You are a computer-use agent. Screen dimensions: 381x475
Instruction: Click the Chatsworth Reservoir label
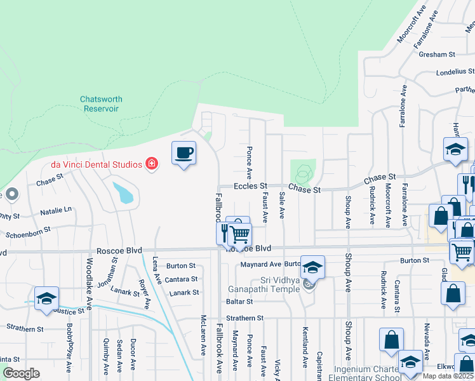[101, 104]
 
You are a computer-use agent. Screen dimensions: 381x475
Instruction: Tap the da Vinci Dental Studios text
[97, 164]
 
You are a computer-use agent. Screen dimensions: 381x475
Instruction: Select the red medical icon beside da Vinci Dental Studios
[152, 164]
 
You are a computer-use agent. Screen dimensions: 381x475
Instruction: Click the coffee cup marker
[184, 153]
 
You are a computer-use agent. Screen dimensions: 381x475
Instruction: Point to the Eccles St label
[250, 187]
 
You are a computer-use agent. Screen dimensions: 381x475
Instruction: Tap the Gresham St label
[438, 55]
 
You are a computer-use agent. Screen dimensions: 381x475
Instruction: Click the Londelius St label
[455, 72]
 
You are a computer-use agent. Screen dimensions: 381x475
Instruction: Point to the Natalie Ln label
[56, 209]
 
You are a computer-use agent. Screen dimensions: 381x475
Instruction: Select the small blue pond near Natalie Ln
[124, 192]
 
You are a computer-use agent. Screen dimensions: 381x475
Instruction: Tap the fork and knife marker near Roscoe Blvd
[224, 232]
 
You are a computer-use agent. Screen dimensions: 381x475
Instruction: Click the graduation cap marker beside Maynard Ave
[312, 267]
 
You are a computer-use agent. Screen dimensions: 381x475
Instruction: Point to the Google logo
[22, 373]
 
